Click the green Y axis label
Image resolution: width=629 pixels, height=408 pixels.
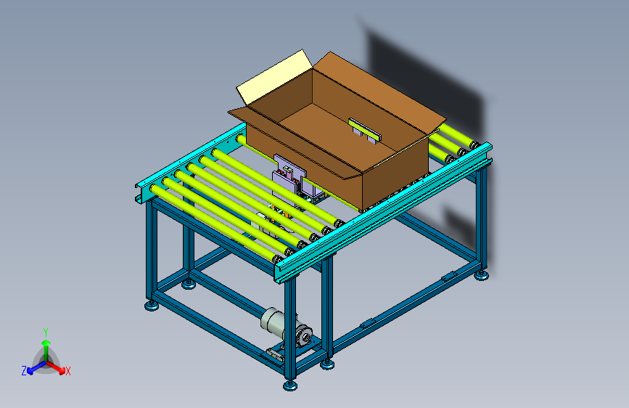pyautogui.click(x=46, y=332)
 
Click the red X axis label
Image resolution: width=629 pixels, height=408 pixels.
pyautogui.click(x=67, y=371)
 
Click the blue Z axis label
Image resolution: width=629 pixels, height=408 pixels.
pyautogui.click(x=24, y=371)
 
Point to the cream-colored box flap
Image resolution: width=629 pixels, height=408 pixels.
pyautogui.click(x=274, y=76)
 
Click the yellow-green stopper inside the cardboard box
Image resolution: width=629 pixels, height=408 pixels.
pyautogui.click(x=365, y=130)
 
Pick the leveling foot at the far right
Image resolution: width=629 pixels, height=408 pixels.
pyautogui.click(x=482, y=275)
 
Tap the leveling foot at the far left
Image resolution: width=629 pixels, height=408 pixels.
pyautogui.click(x=152, y=306)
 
